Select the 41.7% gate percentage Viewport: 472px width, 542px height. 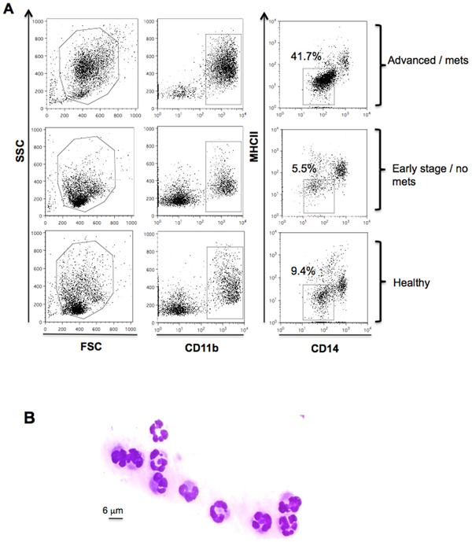304,57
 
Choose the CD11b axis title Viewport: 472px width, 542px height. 194,344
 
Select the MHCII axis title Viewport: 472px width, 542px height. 257,168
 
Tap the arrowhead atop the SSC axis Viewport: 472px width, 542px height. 29,13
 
